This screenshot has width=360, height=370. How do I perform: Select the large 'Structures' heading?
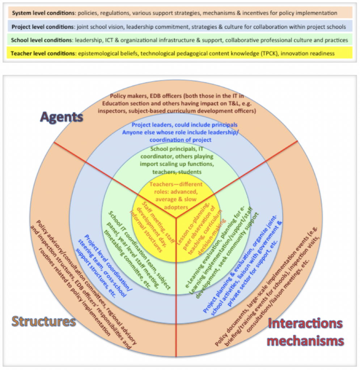point(44,321)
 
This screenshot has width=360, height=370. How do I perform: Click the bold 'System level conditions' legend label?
point(43,13)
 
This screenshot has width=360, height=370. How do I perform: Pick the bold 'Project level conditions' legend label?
point(43,27)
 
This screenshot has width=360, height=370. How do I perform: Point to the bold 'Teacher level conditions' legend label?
point(43,53)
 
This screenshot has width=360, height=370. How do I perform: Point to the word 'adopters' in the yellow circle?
point(176,207)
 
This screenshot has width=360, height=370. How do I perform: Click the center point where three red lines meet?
point(176,218)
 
